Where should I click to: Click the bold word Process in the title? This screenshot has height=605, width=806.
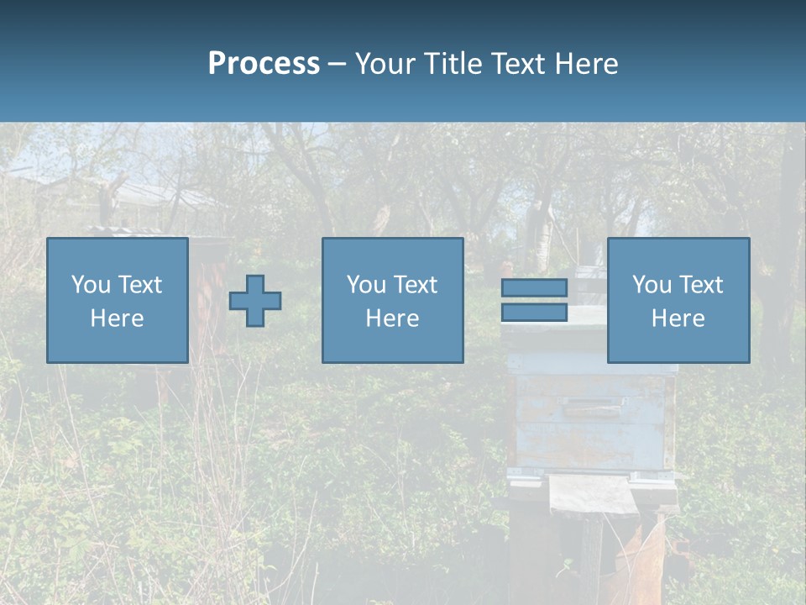264,64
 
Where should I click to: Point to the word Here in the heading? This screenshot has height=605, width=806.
586,64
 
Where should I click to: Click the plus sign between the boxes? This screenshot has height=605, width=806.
255,301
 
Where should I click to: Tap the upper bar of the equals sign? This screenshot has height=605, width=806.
534,287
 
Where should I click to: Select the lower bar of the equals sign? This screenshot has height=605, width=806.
534,313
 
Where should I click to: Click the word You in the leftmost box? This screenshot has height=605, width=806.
91,285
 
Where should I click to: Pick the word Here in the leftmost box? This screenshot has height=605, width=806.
117,318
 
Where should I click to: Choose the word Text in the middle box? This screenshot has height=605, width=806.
415,285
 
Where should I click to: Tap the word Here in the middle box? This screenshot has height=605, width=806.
392,318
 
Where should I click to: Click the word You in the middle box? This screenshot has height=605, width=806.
366,285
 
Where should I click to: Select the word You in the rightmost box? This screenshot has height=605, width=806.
652,285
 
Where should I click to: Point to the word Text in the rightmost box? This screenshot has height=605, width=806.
700,285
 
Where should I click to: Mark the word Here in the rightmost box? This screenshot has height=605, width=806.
678,318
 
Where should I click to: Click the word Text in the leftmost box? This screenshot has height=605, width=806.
139,285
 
